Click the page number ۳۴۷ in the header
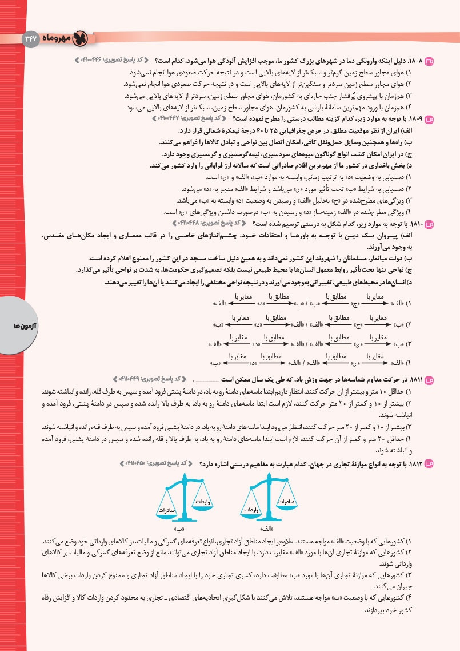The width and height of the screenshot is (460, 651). pos(29,39)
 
